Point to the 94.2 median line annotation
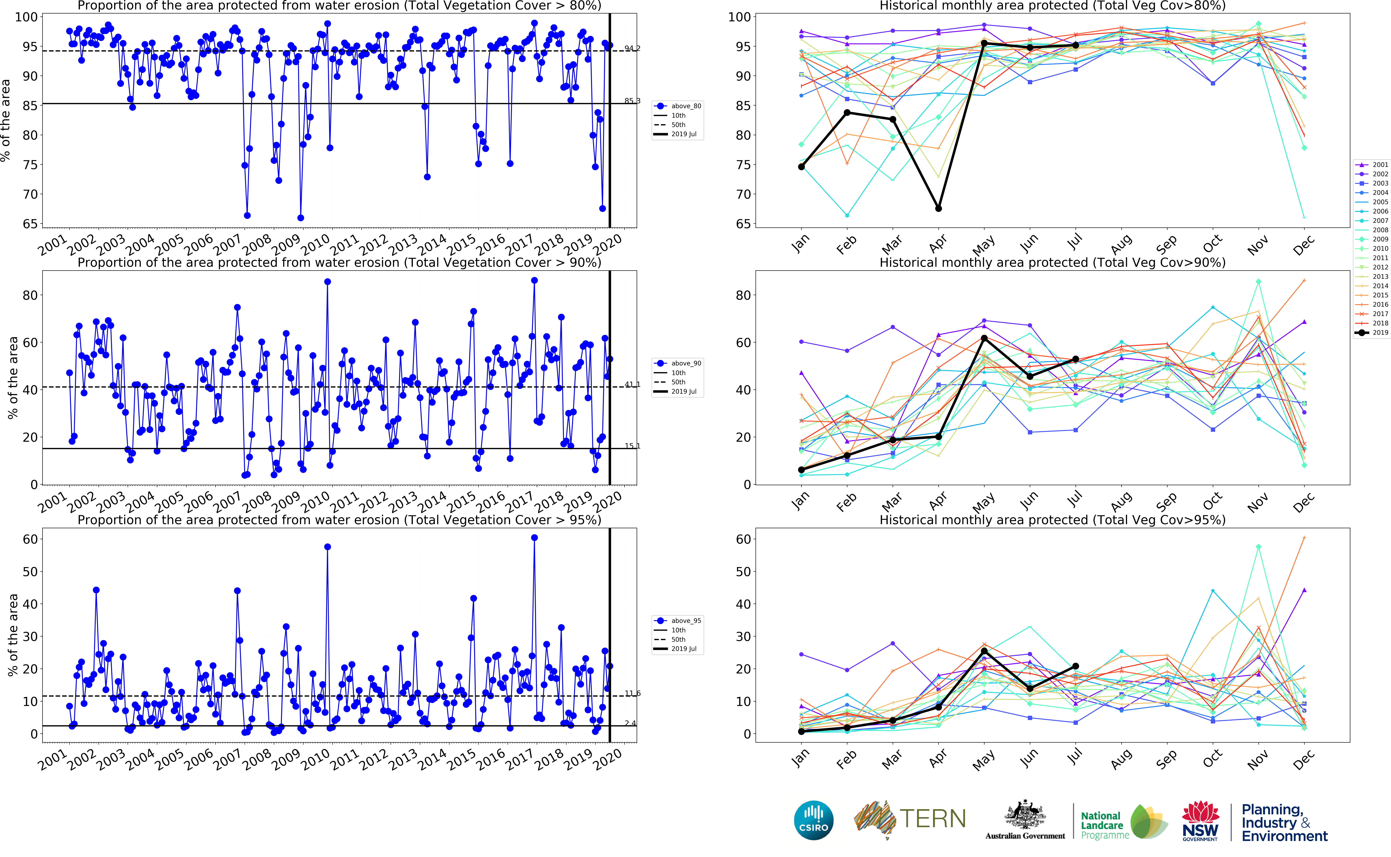[x=632, y=48]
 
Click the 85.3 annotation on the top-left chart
[x=632, y=101]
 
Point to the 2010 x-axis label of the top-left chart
[x=315, y=245]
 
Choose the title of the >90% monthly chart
[x=1052, y=262]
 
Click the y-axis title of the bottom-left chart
[x=12, y=635]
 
